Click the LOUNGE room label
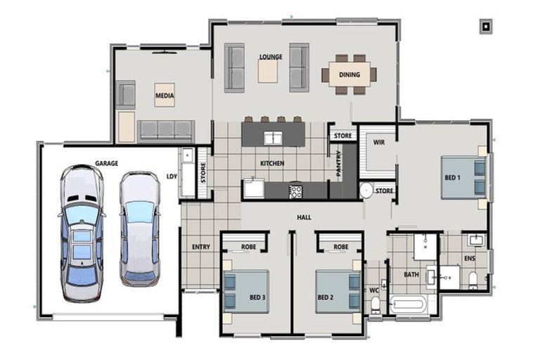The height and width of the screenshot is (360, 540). pos(270,57)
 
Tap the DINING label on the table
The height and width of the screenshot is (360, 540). pos(349,75)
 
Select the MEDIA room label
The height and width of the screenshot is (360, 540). pos(165,95)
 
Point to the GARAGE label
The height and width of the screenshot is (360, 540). pos(107,163)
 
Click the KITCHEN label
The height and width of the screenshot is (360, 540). pos(272,163)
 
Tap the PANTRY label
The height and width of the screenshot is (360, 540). pos(339,165)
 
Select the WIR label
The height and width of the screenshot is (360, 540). pos(379,142)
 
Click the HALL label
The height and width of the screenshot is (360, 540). pos(304,217)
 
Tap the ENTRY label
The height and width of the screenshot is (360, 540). pos(201,247)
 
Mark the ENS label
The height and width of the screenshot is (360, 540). pos(470,268)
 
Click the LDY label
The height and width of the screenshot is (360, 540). pos(172,176)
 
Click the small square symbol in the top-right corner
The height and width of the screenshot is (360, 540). pos(485,27)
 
